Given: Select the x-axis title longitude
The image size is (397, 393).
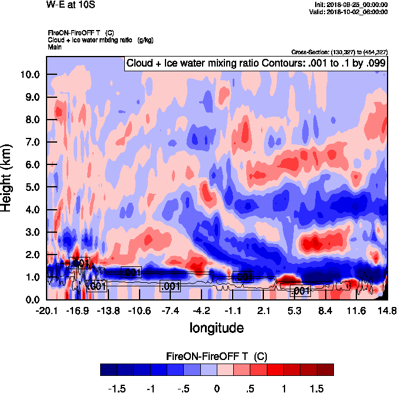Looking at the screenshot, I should pos(216,326).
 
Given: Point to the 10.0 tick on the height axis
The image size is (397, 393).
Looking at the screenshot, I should pos(29,75).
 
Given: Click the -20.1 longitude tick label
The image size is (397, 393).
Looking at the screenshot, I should pos(47,311).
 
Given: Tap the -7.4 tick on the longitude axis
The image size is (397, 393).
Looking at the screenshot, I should pos(170,311).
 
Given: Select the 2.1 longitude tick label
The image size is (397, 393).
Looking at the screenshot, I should pos(263,311).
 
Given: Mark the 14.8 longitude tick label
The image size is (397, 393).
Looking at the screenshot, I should pos(387,311).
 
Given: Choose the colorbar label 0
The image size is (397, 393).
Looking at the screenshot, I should pos(216,389).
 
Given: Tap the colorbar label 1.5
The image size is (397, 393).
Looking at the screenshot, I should pos(317,389).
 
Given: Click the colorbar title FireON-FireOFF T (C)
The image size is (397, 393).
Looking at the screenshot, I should pos(217,356).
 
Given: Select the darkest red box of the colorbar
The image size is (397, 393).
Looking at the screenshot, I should pos(325,369).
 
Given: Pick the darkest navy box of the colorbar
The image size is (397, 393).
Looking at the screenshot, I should pos(108,369).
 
